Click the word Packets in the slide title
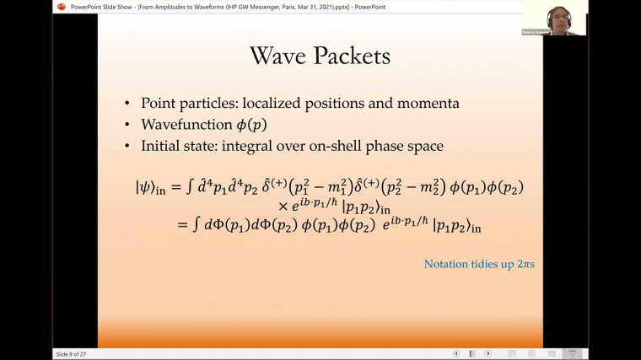click(x=351, y=56)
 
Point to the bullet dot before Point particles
click(x=127, y=104)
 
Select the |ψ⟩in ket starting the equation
click(x=150, y=187)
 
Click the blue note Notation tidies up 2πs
click(x=479, y=265)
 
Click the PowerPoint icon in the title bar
click(x=61, y=7)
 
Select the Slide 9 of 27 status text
click(x=71, y=353)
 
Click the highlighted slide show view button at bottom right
click(x=573, y=353)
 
